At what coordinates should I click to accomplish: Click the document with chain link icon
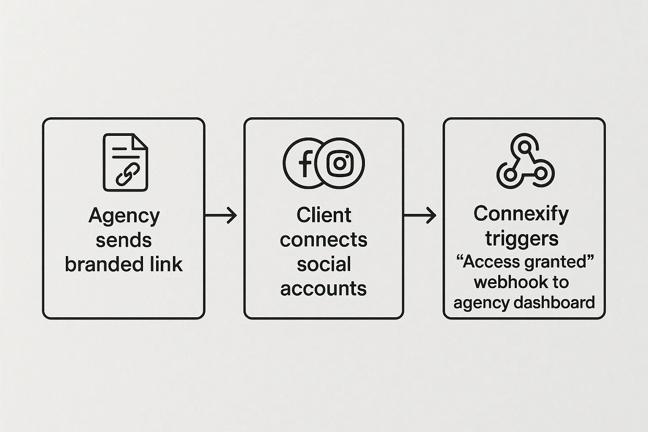(x=125, y=162)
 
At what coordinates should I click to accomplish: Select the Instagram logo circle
(x=340, y=163)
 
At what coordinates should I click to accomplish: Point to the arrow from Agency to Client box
(x=221, y=216)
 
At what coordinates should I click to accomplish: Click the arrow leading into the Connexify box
(x=420, y=216)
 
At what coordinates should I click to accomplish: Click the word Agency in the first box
(x=124, y=216)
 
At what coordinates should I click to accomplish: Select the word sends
(x=124, y=240)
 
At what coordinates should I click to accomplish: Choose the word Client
(x=324, y=215)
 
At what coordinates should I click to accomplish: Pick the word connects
(x=324, y=240)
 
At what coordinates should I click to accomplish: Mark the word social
(x=324, y=265)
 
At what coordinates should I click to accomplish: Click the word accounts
(x=324, y=289)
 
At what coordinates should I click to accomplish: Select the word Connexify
(x=521, y=214)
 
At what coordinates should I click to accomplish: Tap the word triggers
(x=522, y=239)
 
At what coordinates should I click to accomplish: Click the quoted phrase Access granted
(x=525, y=262)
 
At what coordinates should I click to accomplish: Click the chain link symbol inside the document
(x=128, y=174)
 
